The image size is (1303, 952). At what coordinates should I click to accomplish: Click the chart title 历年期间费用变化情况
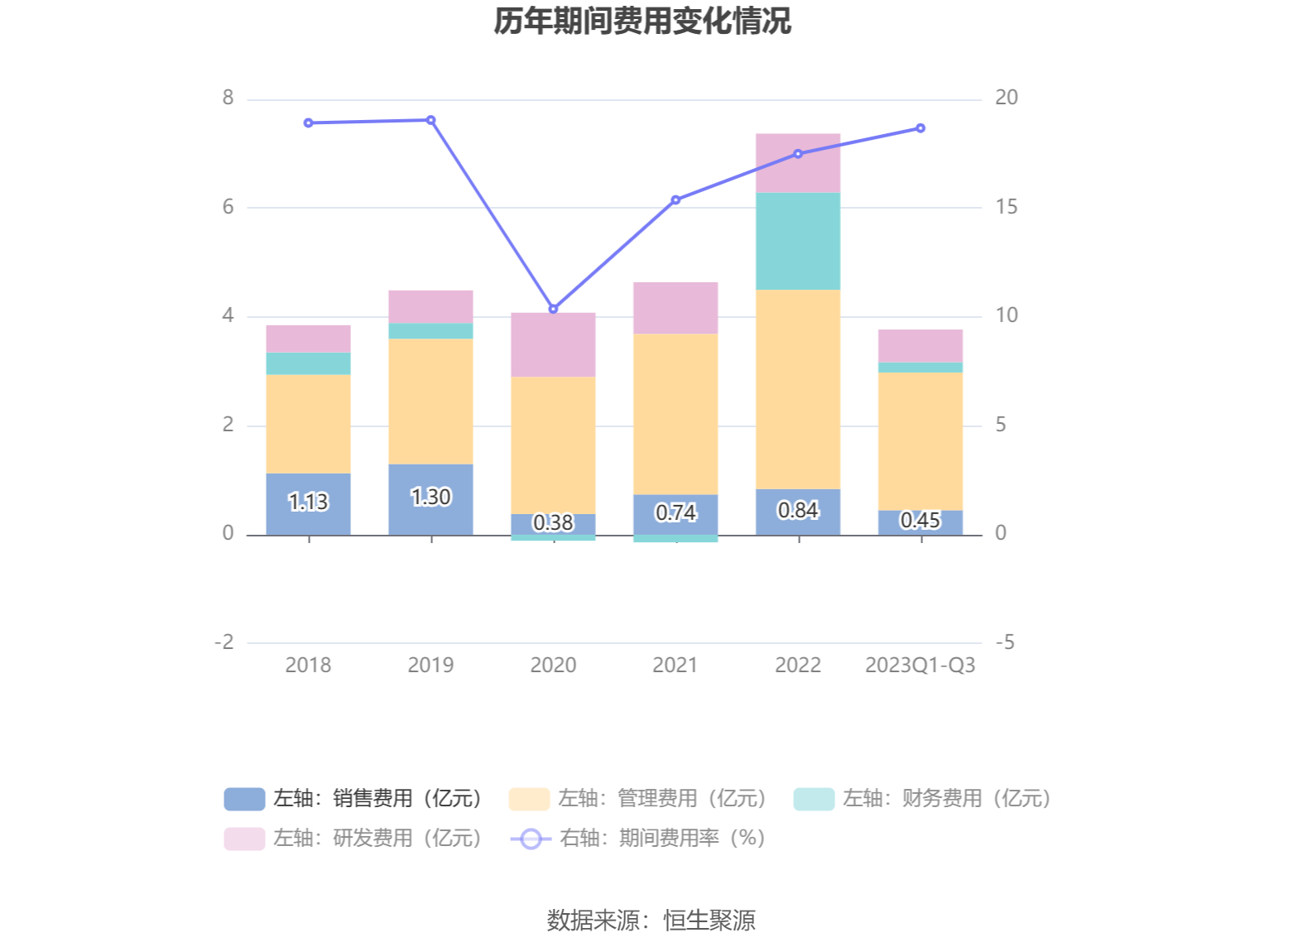click(x=642, y=22)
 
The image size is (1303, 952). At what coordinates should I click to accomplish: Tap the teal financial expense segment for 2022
click(x=798, y=241)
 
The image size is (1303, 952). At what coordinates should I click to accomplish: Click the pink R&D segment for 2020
click(x=553, y=344)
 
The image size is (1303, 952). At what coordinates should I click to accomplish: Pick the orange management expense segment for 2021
click(x=676, y=414)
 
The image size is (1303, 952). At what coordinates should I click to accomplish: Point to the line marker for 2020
click(x=553, y=309)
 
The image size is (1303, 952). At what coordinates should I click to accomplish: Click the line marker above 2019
click(x=430, y=120)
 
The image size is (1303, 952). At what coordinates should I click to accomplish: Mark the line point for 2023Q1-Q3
click(x=921, y=128)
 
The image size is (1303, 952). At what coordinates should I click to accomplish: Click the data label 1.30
click(x=430, y=497)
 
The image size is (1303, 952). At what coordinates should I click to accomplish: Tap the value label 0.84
click(x=798, y=510)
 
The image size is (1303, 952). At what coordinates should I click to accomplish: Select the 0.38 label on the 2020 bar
click(x=553, y=522)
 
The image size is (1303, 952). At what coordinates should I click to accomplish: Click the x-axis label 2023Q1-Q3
click(x=920, y=665)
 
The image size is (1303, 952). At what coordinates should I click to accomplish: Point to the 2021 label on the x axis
click(x=676, y=665)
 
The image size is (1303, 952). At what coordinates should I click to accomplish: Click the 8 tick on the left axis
click(x=228, y=98)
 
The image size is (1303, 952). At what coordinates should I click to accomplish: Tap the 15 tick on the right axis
click(x=1006, y=207)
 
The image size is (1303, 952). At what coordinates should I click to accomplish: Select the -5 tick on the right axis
click(x=1004, y=642)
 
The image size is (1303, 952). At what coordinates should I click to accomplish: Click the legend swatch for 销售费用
click(x=244, y=799)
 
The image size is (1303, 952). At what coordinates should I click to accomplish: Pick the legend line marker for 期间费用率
click(x=531, y=839)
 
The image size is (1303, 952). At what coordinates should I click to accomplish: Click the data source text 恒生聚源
click(x=709, y=920)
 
